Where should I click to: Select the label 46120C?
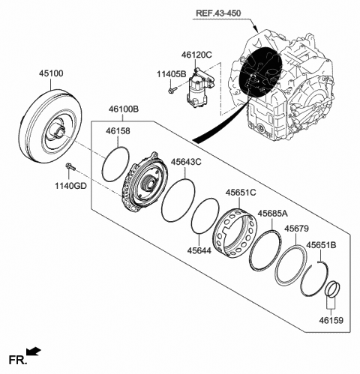pyautogui.click(x=196, y=55)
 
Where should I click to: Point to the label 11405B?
pyautogui.click(x=171, y=75)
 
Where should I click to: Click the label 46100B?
pyautogui.click(x=123, y=109)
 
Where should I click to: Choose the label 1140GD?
pyautogui.click(x=69, y=185)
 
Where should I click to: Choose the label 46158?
pyautogui.click(x=117, y=132)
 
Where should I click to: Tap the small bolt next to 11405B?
pyautogui.click(x=172, y=91)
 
